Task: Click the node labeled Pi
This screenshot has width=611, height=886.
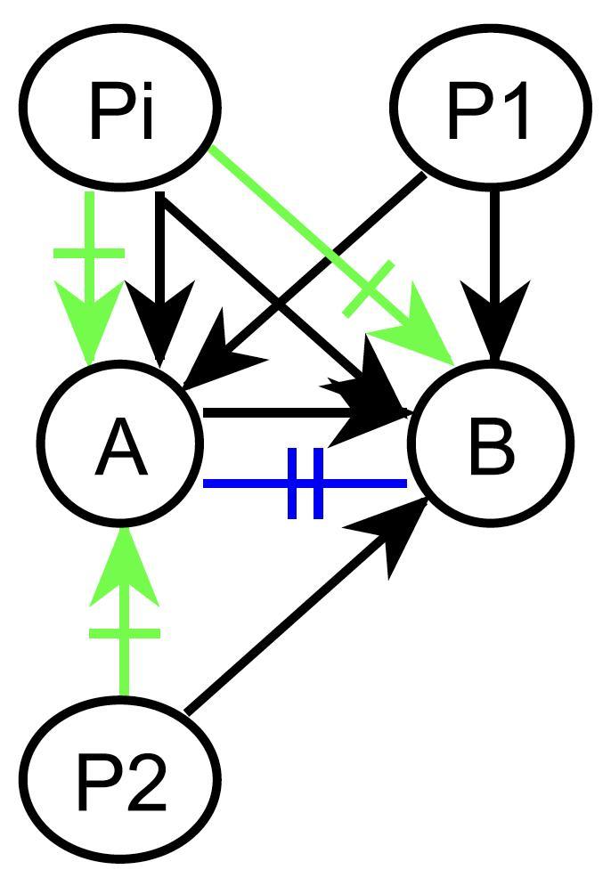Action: pos(121,108)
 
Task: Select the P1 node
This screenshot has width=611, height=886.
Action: pos(491,108)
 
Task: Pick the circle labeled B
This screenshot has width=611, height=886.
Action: pos(488,444)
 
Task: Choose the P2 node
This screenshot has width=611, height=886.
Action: pos(120,782)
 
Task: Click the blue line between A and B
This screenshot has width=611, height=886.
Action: pos(240,484)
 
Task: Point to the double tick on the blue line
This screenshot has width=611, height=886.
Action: pos(305,484)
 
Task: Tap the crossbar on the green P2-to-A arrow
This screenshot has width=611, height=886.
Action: pos(124,633)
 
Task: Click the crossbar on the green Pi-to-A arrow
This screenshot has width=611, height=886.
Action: pos(89,254)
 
